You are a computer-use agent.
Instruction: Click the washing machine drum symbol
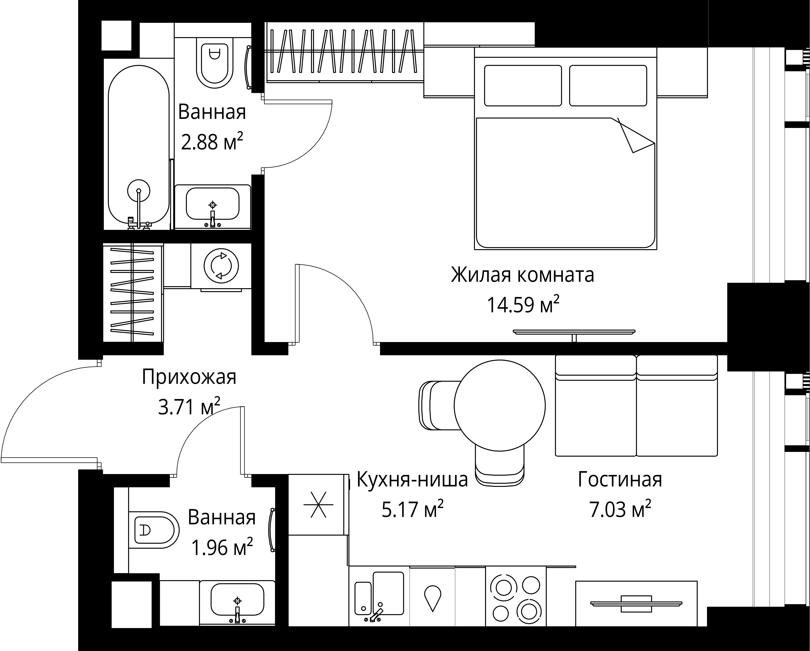coord(221,266)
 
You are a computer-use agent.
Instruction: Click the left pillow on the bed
coord(523,86)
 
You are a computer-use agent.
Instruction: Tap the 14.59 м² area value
coord(523,304)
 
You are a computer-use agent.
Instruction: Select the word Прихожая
coord(189,377)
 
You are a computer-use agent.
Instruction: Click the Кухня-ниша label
coord(412,480)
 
